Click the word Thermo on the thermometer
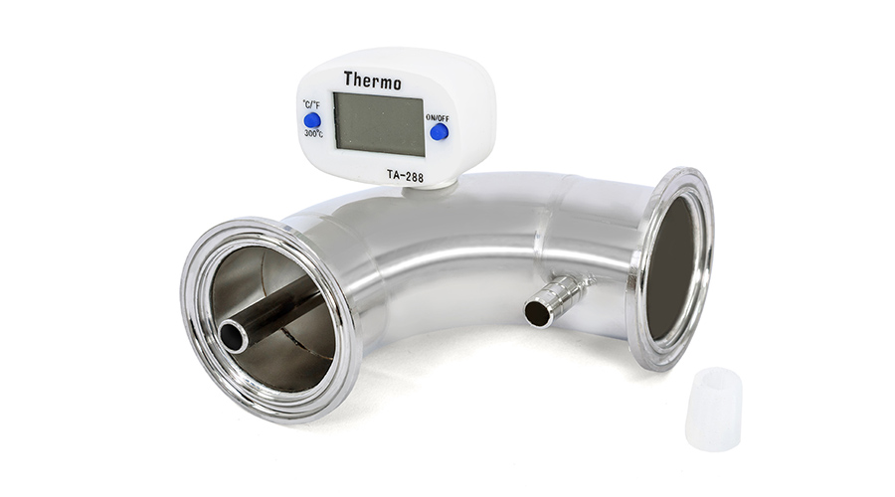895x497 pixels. tap(372, 81)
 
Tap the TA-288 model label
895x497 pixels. tap(406, 176)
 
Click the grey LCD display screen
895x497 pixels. tap(379, 124)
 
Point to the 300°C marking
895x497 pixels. tap(313, 134)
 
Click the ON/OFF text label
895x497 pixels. tap(438, 118)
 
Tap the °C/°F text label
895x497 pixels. tap(311, 104)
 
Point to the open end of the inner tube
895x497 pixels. tap(233, 337)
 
